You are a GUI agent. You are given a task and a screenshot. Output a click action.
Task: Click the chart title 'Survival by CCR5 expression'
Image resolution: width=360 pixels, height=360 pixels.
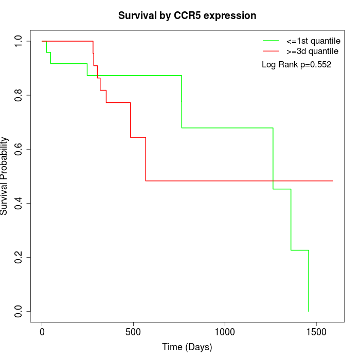187,15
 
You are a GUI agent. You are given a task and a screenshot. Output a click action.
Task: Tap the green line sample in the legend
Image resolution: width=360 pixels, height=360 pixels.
271,41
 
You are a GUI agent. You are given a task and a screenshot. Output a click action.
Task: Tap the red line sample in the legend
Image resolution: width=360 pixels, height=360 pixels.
271,51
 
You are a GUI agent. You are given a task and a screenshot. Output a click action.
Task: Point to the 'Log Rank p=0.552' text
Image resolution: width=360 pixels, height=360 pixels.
297,65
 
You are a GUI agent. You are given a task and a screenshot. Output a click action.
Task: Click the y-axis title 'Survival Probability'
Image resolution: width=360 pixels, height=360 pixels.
5,176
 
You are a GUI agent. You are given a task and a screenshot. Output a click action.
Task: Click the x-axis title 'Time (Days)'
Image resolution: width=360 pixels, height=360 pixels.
187,347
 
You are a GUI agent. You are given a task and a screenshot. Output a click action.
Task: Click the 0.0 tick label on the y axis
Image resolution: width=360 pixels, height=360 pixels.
19,311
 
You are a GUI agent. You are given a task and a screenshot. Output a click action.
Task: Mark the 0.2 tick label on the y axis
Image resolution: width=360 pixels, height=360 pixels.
19,257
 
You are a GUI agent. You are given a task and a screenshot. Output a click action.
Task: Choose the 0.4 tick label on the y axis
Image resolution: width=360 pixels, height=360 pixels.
19,203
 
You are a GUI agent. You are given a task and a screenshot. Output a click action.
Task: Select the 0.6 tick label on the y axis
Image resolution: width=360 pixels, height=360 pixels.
19,149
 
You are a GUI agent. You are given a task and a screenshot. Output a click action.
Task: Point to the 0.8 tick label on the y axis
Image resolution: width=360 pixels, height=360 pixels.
19,95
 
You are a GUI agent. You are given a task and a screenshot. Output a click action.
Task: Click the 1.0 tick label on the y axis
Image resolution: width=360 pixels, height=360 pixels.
19,41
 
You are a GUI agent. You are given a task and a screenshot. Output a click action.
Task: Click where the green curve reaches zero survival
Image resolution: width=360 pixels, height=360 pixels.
309,311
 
